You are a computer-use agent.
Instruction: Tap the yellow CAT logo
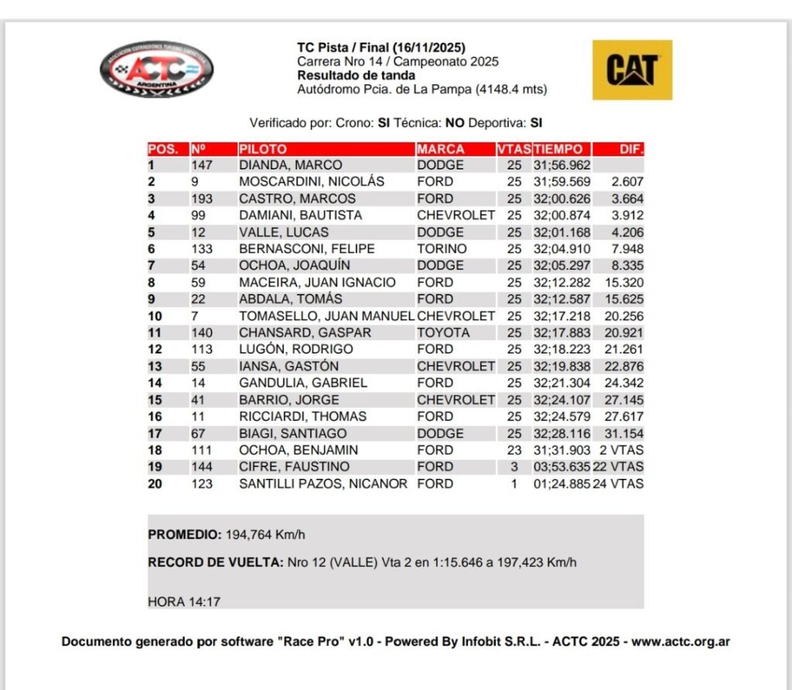[x=632, y=70]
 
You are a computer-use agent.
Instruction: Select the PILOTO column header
[x=263, y=149]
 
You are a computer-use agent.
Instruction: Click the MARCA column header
[x=441, y=149]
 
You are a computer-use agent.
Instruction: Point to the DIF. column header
[x=631, y=149]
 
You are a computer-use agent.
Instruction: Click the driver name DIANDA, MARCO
[x=290, y=166]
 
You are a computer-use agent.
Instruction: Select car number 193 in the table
[x=203, y=199]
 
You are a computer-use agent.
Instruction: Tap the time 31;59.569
[x=562, y=182]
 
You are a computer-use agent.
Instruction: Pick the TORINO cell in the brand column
[x=442, y=249]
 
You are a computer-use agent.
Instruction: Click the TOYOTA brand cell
[x=443, y=333]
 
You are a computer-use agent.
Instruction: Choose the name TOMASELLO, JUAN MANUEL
[x=326, y=316]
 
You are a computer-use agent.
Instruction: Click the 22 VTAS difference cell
[x=619, y=467]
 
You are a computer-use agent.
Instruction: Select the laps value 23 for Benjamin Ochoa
[x=514, y=450]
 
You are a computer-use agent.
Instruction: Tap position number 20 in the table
[x=155, y=484]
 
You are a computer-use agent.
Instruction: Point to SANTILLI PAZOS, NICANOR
[x=323, y=484]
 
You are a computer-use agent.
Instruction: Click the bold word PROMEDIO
[x=184, y=535]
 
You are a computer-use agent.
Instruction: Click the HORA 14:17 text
[x=184, y=601]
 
